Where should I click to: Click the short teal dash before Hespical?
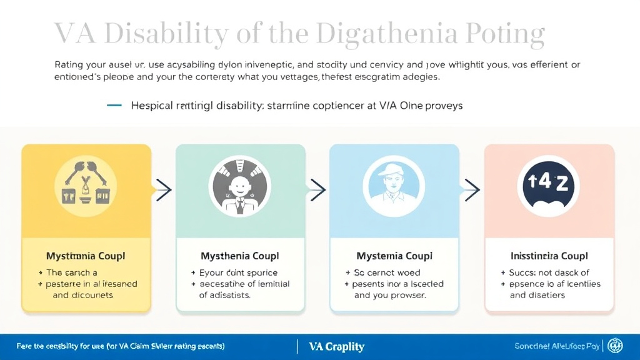114,106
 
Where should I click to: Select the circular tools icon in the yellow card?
86,185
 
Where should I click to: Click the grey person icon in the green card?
239,185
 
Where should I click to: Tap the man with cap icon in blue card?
394,185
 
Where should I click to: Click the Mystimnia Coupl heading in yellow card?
86,256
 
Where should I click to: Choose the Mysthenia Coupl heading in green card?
239,256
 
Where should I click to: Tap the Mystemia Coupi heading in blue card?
394,256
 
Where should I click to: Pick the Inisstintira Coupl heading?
549,256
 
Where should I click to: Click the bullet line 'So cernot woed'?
387,272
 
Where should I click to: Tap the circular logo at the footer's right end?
615,346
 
